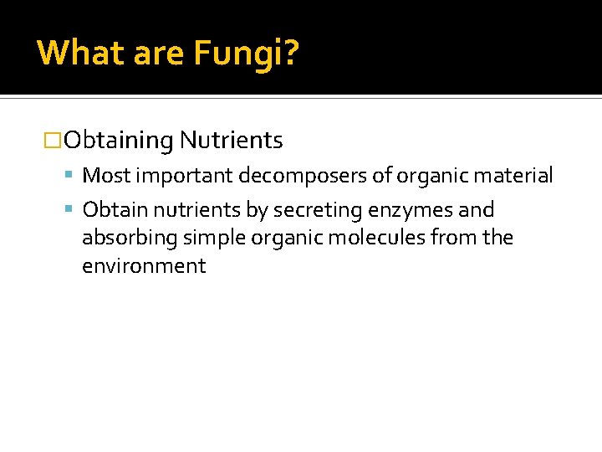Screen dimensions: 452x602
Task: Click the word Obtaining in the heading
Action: (x=118, y=141)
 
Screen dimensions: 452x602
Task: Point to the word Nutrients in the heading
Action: (x=231, y=140)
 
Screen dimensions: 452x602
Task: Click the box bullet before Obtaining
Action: (x=53, y=141)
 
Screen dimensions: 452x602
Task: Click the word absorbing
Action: (x=130, y=239)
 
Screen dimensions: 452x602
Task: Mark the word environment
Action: (x=144, y=266)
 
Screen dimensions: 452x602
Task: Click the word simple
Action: (x=212, y=239)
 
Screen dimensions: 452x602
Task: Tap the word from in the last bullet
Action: (x=453, y=238)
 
